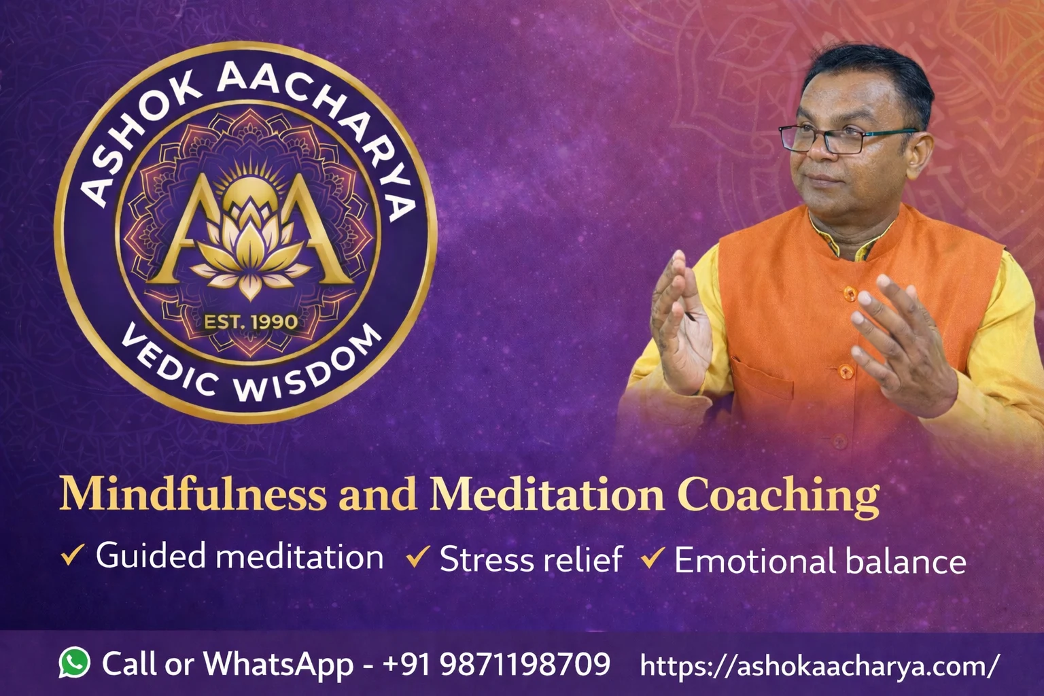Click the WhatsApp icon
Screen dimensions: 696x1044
coord(74,662)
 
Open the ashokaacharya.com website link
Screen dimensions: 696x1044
coord(820,665)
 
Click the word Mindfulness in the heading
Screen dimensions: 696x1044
coord(193,495)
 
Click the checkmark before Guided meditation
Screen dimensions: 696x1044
coord(72,555)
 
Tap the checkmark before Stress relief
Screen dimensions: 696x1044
coord(417,558)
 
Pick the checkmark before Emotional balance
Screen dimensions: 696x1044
coord(652,559)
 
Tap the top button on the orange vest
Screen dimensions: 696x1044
coord(848,293)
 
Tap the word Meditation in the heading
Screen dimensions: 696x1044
coord(547,495)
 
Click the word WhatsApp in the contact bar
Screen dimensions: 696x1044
coord(279,663)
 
